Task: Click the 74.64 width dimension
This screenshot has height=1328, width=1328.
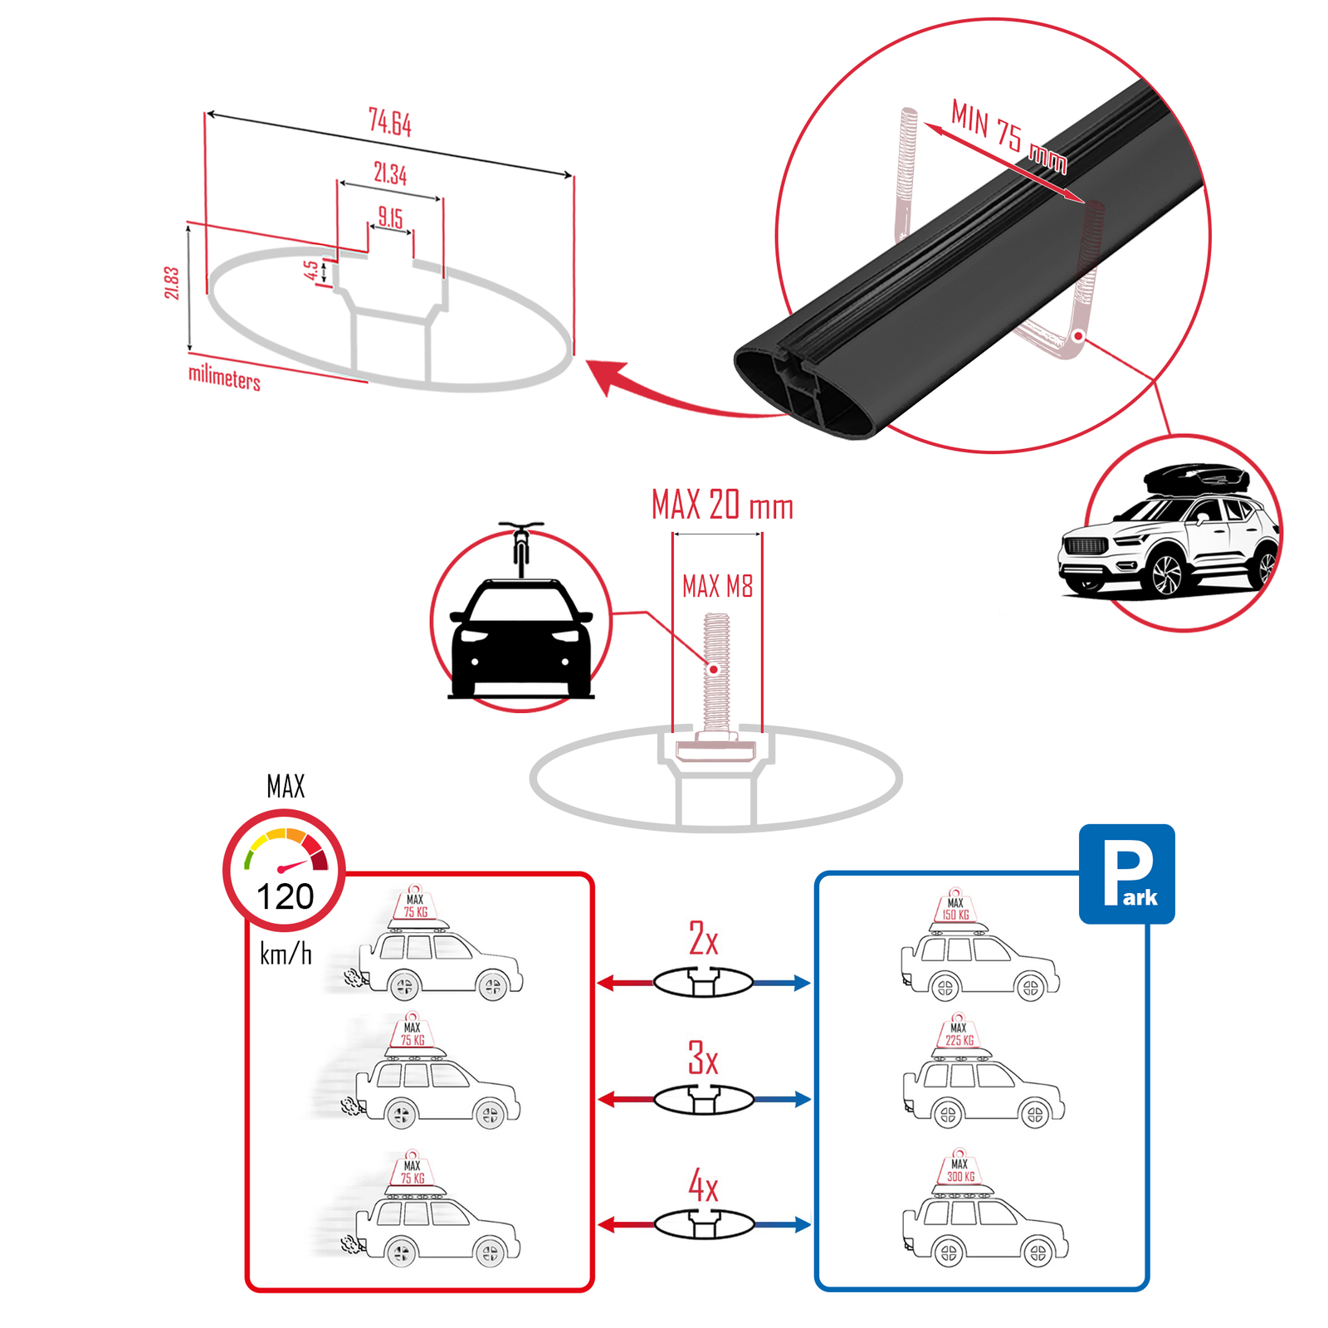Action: point(390,123)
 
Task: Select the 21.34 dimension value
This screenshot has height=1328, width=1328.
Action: point(390,173)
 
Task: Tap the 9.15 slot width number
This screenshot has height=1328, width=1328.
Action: point(390,217)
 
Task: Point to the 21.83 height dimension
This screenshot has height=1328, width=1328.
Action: point(172,282)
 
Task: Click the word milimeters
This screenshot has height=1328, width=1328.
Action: point(224,378)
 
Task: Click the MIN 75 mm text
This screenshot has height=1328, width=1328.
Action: point(1008,135)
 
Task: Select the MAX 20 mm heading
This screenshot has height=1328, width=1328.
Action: point(722,505)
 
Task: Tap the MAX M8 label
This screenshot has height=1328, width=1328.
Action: point(717,587)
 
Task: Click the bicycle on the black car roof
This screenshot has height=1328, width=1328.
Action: point(521,548)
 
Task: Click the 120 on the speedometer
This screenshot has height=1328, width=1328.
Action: point(285,897)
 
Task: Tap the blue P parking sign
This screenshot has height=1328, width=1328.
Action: point(1126,874)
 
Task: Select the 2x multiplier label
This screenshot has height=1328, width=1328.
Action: point(703,939)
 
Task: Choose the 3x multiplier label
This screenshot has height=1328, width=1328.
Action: point(703,1058)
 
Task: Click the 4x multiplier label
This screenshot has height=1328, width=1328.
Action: point(703,1185)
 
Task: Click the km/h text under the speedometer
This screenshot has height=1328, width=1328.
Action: point(286,954)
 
